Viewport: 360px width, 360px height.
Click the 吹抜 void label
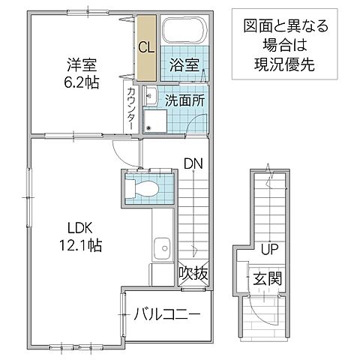(192, 275)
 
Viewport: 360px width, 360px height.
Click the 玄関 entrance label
(267, 279)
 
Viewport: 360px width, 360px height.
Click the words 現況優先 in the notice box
(279, 64)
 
